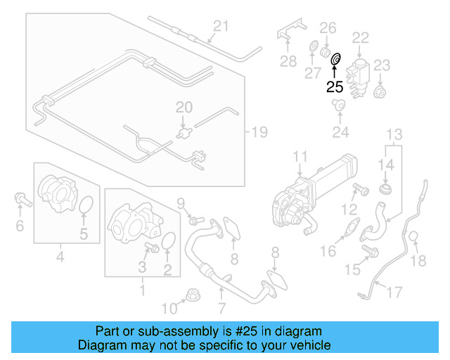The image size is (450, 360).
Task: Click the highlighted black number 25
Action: coord(335,86)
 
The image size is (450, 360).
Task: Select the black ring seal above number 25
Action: coord(335,59)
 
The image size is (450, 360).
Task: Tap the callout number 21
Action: coord(221,26)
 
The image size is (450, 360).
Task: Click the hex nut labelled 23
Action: coord(380,91)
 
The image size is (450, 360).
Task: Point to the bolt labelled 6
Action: coord(23,200)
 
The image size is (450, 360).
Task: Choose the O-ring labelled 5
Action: coord(86,205)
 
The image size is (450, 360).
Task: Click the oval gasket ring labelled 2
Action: coord(169,240)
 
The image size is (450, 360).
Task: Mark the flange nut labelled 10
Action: coord(193,295)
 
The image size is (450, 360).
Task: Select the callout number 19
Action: coord(259,132)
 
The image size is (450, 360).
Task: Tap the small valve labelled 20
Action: coord(184,133)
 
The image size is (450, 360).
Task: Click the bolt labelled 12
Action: coord(361,189)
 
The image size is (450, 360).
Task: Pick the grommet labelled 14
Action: coord(386,189)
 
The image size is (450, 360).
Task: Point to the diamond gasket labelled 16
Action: coord(352,227)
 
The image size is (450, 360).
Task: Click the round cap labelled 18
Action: coord(413,237)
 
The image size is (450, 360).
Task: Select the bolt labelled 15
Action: coord(371,250)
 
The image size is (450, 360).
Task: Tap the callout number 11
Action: coord(300,157)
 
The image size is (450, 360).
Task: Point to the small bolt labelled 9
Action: coord(196,221)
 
